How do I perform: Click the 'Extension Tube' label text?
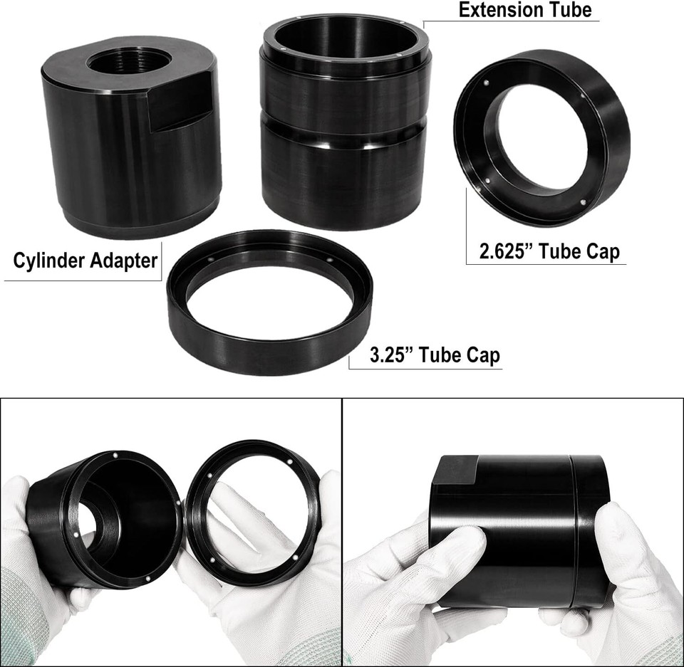coord(525,10)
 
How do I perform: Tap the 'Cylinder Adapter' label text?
coord(85,261)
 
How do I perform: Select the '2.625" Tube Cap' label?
coord(549,251)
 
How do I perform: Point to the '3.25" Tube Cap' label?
coord(435,354)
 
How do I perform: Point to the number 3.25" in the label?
coord(393,354)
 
